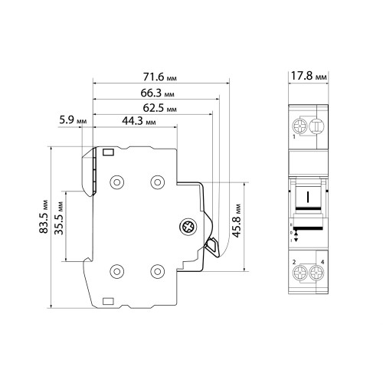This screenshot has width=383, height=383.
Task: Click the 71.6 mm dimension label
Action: tap(159, 77)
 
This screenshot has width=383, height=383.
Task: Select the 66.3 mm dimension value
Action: tap(157, 93)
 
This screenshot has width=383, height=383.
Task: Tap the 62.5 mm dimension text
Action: tap(159, 108)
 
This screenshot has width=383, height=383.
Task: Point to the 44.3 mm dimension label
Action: tap(139, 121)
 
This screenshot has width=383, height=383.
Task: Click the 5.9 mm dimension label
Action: tap(73, 119)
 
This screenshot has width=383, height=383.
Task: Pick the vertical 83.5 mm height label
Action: tap(44, 216)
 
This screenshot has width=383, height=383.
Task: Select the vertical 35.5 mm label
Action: tap(59, 218)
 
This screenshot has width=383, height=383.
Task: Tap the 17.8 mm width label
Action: tap(309, 76)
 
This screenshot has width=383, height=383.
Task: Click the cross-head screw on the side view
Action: tap(188, 227)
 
